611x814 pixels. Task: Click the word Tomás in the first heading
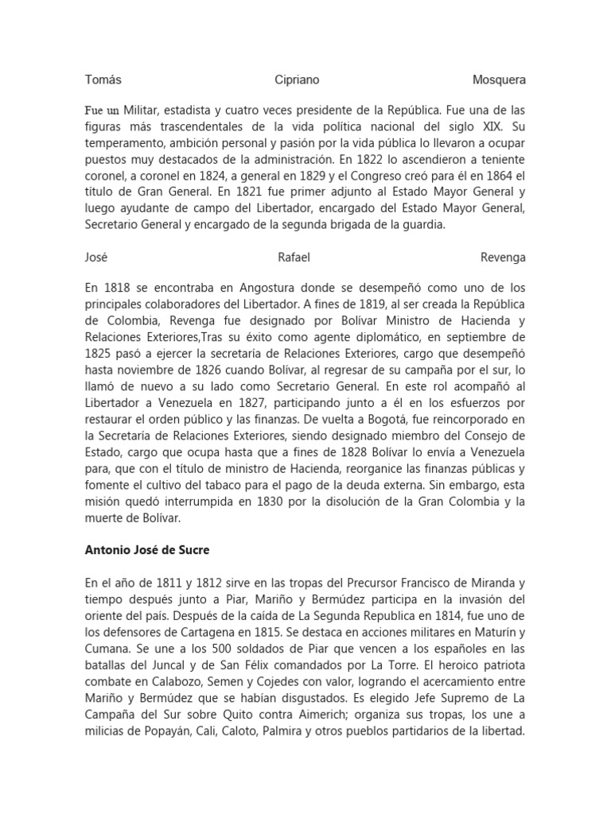click(103, 80)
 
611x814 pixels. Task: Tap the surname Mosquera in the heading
click(499, 80)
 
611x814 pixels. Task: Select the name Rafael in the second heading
click(294, 258)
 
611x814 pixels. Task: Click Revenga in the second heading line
click(503, 258)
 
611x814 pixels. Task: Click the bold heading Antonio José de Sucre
click(146, 549)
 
